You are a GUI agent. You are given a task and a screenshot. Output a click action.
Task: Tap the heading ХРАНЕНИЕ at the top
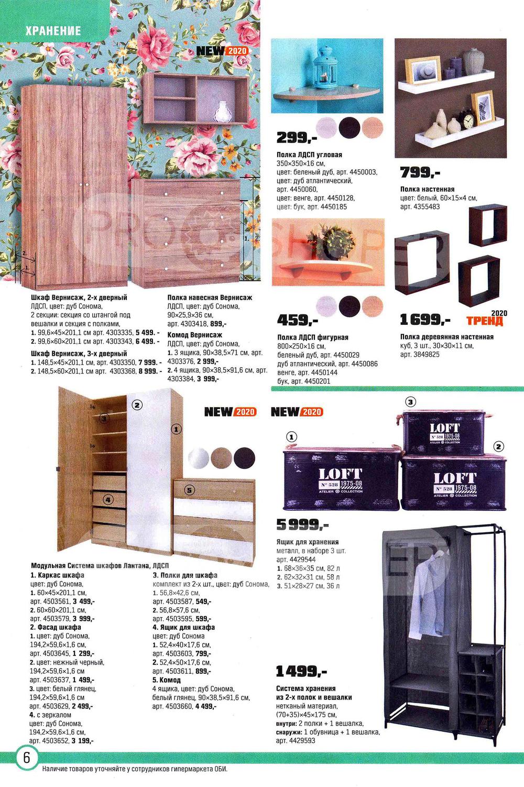pos(53,31)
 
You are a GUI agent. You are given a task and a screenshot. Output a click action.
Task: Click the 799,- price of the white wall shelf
pos(420,172)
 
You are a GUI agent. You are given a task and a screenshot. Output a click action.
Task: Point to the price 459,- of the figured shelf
pos(297,319)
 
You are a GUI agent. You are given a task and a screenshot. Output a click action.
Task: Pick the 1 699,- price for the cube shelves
pos(425,319)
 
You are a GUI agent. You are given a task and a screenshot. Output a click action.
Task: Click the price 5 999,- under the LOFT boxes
pos(302,524)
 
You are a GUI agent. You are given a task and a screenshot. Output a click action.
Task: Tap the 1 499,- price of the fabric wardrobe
pos(301,671)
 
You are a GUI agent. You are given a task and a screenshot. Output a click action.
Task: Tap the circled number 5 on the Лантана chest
pos(189,490)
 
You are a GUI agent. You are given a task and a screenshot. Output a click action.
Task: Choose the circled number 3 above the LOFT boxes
pos(411,402)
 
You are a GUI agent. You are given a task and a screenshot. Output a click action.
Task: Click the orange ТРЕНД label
pos(484,321)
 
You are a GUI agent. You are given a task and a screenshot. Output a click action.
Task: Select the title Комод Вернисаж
pos(194,335)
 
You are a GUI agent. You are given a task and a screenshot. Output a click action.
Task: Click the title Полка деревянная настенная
pos(446,337)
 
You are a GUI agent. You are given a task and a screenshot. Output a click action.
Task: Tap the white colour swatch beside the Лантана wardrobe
pos(198,457)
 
